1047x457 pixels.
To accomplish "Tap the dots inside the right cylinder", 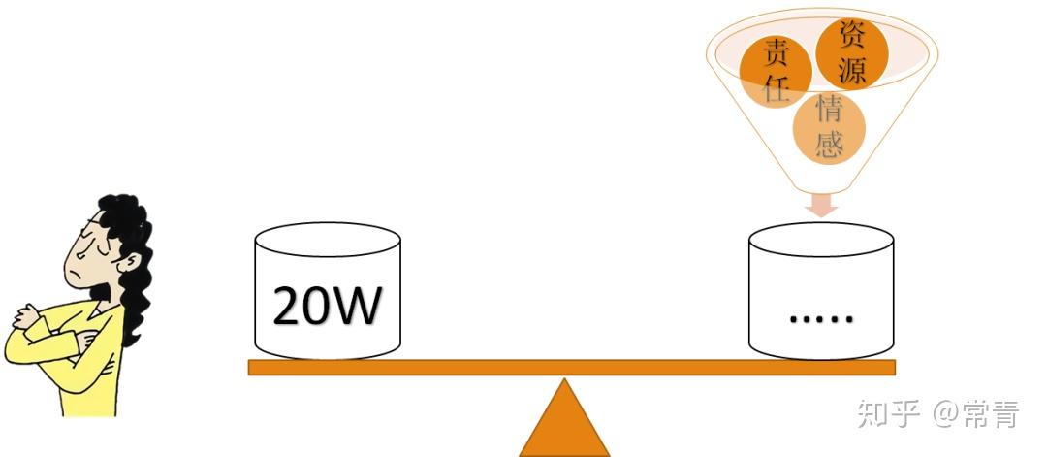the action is [820, 316].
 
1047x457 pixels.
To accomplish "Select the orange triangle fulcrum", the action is [564, 422].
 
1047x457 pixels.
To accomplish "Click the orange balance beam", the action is [572, 367].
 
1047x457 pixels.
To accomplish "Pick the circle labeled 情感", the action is [828, 126].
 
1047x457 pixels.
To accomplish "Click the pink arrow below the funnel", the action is [822, 204].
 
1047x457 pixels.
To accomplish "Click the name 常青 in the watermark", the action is [990, 414].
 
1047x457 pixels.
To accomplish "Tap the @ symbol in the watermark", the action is [944, 415].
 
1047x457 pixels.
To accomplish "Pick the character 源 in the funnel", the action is [852, 68].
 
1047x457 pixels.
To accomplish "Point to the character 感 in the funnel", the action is [829, 144].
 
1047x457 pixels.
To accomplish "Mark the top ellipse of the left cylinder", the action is [327, 240].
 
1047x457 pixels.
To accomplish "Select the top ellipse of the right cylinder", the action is [821, 240].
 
